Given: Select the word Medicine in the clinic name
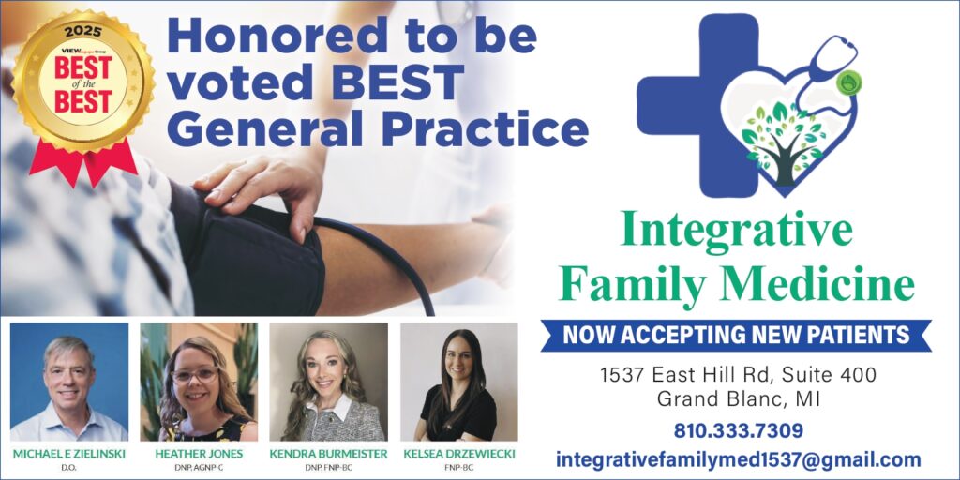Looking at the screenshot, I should (836, 283).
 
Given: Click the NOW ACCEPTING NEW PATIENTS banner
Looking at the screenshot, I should (735, 335).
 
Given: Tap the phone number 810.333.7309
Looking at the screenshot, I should (738, 431).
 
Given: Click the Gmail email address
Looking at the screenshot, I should (738, 459).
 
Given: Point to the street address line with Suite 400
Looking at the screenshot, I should (738, 375).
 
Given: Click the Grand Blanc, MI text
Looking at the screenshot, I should (738, 398).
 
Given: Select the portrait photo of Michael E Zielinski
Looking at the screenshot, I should (68, 382).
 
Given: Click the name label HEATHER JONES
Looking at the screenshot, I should (198, 454).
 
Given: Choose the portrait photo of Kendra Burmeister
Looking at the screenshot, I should (328, 382).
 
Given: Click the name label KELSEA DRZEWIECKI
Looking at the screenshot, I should (458, 454).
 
